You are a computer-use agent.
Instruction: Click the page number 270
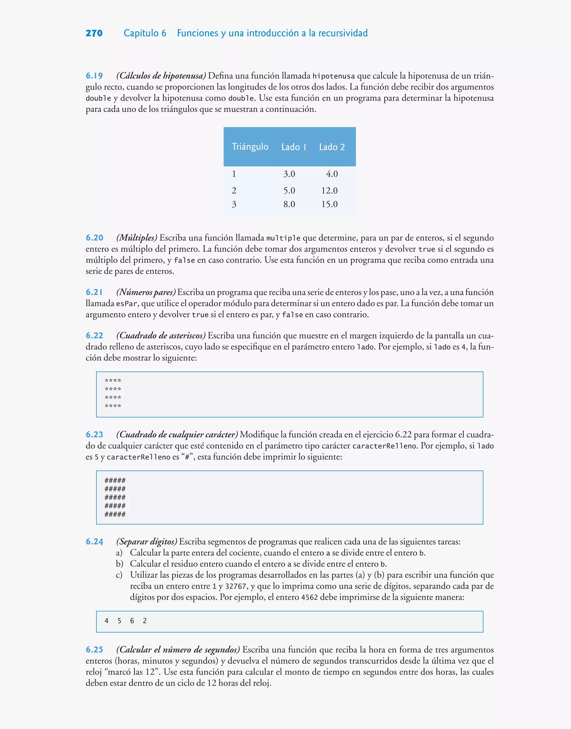click(x=94, y=33)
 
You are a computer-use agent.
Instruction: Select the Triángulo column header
click(x=250, y=147)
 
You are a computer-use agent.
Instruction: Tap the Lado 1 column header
click(x=294, y=147)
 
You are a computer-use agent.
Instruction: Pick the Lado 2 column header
click(x=332, y=147)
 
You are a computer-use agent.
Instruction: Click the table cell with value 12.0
click(x=329, y=190)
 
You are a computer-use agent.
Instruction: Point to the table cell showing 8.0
click(x=289, y=204)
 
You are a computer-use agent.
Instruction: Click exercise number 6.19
click(x=94, y=76)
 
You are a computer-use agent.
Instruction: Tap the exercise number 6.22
click(x=94, y=335)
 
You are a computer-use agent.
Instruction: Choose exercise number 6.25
click(x=94, y=650)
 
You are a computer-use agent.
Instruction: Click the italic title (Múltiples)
click(x=137, y=238)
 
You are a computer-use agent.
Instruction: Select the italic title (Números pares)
click(x=146, y=292)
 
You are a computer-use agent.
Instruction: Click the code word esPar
click(x=126, y=304)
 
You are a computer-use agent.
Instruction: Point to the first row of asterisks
click(x=113, y=380)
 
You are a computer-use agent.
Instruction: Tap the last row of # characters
click(x=115, y=514)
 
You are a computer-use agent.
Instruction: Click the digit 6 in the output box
click(x=132, y=621)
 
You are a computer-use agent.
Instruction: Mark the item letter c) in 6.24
click(x=119, y=575)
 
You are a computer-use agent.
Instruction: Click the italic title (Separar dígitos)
click(x=146, y=542)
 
